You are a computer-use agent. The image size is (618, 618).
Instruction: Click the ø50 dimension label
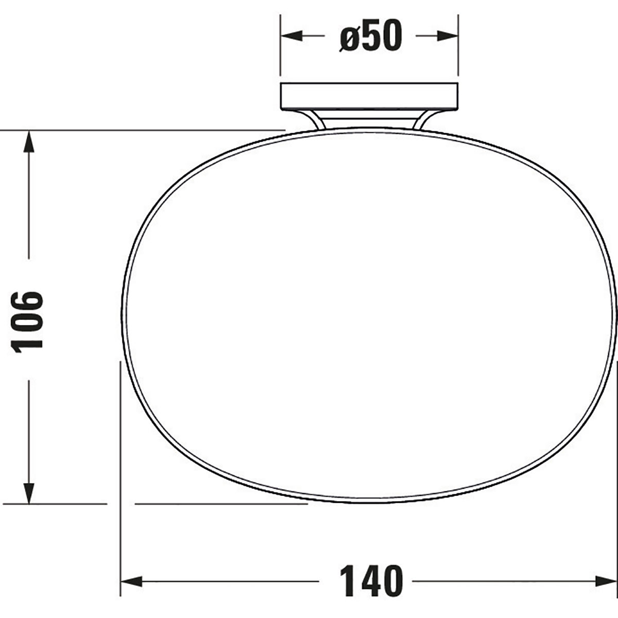(369, 36)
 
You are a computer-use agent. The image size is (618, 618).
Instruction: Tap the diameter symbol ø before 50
(350, 37)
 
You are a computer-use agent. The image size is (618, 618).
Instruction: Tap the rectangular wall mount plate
(368, 96)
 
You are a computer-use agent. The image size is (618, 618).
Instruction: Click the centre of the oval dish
(369, 315)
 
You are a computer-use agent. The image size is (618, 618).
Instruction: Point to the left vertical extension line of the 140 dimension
(121, 463)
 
